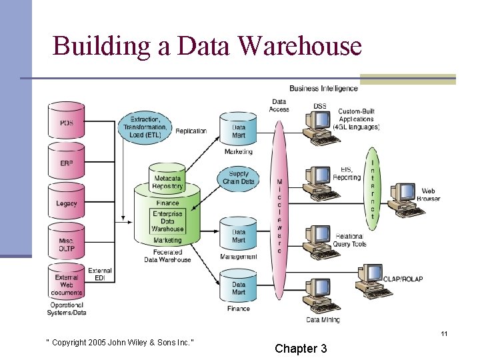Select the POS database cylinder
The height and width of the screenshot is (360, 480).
[67, 123]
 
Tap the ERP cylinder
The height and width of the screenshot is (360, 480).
[67, 163]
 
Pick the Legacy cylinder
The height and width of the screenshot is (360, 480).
[67, 203]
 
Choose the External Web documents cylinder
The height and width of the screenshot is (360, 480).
[67, 285]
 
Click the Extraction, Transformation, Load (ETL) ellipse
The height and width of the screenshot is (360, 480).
[145, 126]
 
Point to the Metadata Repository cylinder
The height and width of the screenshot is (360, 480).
[167, 181]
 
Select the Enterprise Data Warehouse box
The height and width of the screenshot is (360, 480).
[167, 221]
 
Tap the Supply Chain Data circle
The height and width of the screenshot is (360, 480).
[238, 177]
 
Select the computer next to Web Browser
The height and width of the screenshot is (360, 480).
[403, 197]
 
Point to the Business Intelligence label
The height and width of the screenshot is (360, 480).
[323, 89]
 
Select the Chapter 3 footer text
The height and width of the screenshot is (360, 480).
[301, 348]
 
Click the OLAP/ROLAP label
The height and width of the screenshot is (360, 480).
[403, 279]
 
